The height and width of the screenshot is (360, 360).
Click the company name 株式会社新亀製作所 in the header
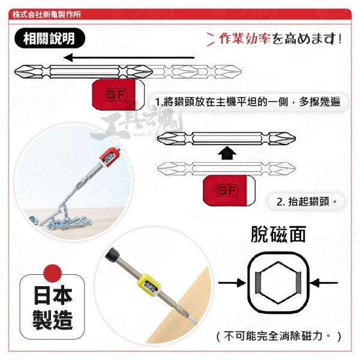[47, 14]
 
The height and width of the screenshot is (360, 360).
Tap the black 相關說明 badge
[50, 38]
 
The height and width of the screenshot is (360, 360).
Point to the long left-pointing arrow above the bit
[129, 58]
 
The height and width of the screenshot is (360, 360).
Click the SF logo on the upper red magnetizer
[116, 95]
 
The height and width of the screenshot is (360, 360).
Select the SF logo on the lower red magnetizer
[227, 191]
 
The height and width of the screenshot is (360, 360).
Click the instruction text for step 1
[247, 102]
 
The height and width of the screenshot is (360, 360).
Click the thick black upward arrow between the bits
[226, 152]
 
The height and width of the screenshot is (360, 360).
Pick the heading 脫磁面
[278, 235]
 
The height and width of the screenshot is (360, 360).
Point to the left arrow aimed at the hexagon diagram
[232, 283]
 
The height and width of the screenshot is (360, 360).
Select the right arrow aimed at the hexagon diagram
[325, 283]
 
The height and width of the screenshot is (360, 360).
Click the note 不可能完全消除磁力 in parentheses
[278, 337]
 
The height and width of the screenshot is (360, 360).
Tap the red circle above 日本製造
[53, 273]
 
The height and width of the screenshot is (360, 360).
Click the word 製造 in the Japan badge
[53, 320]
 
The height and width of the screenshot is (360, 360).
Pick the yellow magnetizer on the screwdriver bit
[149, 284]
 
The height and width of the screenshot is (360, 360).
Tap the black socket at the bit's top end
[112, 254]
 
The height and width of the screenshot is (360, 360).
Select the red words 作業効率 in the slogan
[245, 38]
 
